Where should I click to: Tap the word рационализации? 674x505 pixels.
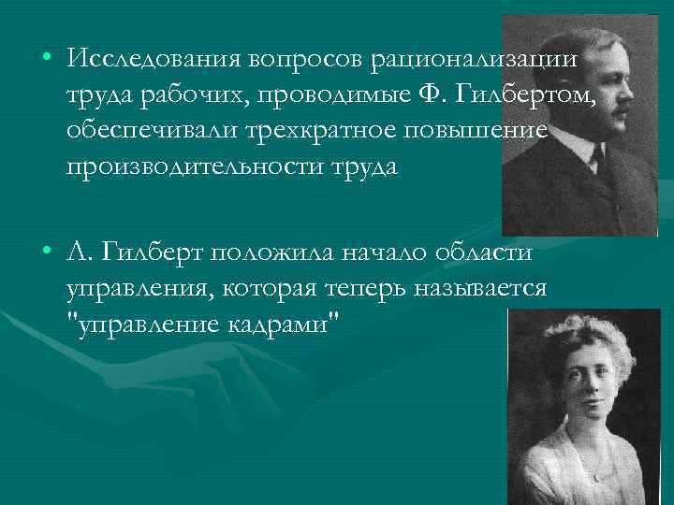[x=475, y=58]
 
